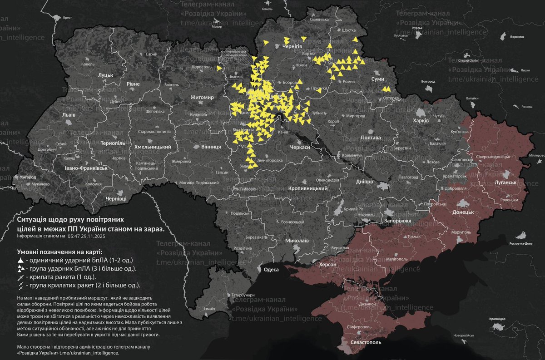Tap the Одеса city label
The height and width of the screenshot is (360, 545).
tap(271, 269)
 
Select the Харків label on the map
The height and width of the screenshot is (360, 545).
tap(421, 121)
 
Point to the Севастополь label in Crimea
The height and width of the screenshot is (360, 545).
tap(364, 342)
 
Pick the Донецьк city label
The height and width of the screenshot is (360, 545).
tap(463, 212)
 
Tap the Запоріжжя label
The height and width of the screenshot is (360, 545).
tap(397, 221)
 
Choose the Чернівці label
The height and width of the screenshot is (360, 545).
tap(116, 199)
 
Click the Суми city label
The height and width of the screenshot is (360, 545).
tap(378, 79)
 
